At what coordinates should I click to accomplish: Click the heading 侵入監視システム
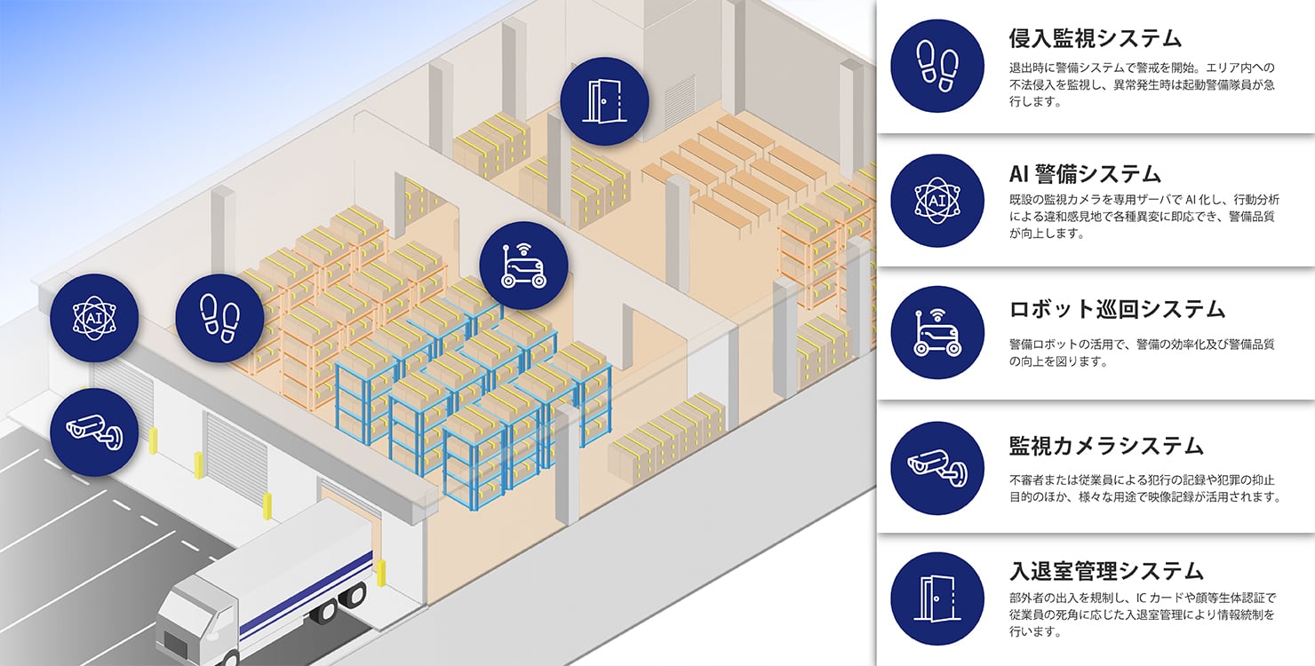(1096, 38)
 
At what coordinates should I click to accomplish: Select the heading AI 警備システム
(1085, 172)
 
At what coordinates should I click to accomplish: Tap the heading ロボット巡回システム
(1117, 309)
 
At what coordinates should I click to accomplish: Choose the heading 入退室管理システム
(1106, 569)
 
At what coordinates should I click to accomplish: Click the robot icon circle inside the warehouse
(523, 266)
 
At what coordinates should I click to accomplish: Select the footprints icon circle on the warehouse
(219, 318)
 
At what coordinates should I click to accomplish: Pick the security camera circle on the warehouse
(94, 432)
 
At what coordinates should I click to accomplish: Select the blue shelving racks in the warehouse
(471, 400)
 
